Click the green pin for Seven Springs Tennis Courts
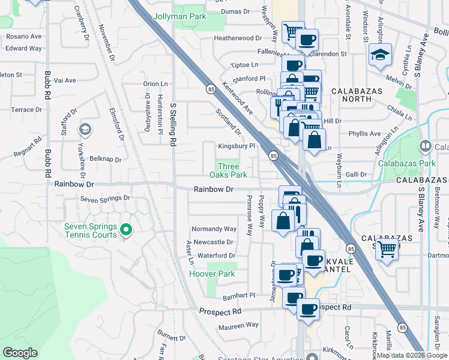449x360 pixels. (126, 230)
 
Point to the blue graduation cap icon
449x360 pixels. (381, 55)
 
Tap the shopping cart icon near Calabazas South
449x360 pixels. (388, 248)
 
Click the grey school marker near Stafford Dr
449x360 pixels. (85, 130)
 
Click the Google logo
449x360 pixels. (20, 353)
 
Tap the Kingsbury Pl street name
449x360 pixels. (237, 146)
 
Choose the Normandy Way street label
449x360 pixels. (214, 229)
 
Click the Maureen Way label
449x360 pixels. (239, 325)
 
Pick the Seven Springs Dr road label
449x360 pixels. (106, 198)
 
